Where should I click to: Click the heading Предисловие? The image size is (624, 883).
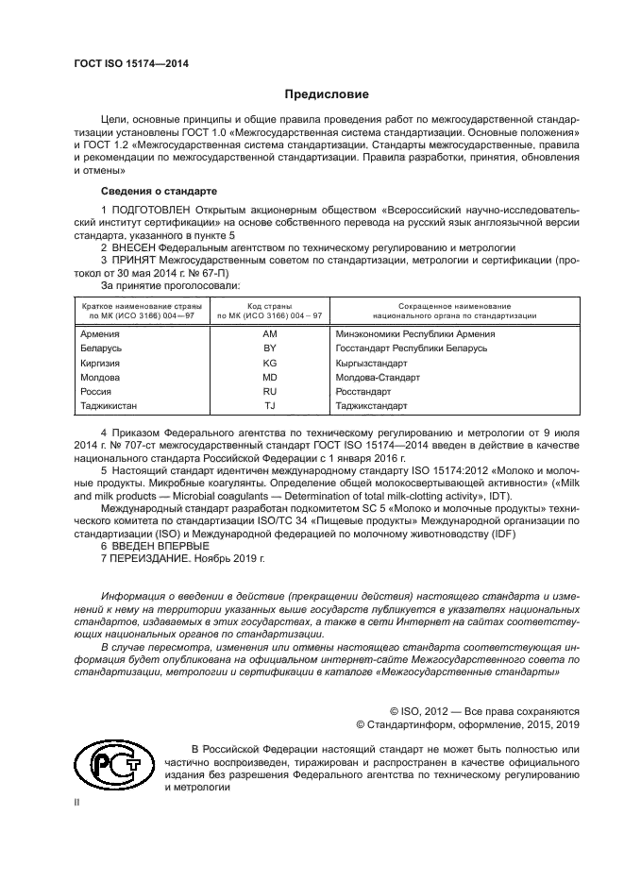(320, 94)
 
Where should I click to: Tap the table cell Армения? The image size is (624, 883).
(100, 333)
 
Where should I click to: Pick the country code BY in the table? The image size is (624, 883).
(269, 348)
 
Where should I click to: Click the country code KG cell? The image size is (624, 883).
(269, 362)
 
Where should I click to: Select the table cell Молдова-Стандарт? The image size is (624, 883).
(378, 376)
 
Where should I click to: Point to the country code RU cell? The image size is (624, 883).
(269, 390)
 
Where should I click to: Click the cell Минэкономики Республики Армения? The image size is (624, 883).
(415, 333)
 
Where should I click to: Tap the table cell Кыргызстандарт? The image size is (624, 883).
(376, 362)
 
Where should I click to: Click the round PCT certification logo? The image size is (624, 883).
(111, 766)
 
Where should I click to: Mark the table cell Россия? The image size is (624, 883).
(96, 390)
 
